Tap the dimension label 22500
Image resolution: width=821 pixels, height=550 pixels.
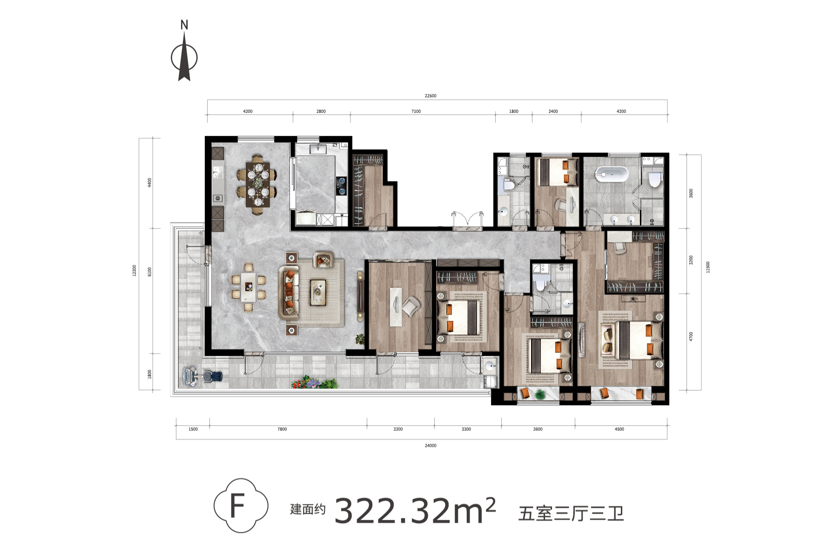[431, 96]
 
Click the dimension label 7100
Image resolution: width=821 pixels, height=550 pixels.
[416, 111]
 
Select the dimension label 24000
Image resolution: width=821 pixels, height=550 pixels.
[431, 445]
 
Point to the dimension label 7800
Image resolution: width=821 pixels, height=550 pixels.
[282, 429]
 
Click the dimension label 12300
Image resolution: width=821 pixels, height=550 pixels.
[135, 271]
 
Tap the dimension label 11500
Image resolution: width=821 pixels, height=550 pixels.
[708, 267]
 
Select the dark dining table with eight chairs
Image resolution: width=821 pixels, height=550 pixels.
[257, 184]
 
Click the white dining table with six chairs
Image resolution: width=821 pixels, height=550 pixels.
[249, 287]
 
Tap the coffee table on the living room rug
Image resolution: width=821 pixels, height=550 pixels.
[318, 292]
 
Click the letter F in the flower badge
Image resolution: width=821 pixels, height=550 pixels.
[237, 506]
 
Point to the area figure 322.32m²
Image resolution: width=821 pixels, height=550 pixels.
[415, 510]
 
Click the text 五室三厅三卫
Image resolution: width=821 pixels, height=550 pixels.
[571, 514]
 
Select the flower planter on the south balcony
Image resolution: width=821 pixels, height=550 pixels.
[314, 382]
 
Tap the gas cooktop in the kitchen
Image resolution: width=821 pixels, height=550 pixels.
[342, 185]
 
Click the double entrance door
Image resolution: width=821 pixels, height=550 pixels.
[468, 221]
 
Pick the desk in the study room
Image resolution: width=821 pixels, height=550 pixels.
[396, 307]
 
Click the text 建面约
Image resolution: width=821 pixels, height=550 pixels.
[308, 510]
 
